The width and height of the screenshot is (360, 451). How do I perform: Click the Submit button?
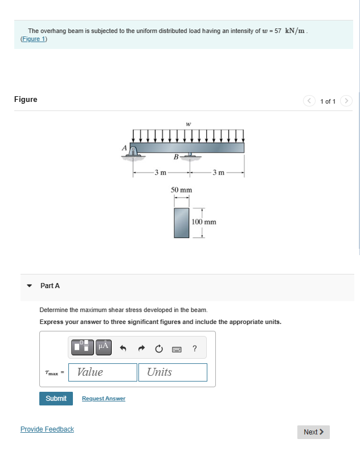pos(56,399)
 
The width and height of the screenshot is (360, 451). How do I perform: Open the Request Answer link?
pos(104,399)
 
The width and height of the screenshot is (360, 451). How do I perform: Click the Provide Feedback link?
pos(47,429)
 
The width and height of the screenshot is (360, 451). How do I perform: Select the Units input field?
pos(172,372)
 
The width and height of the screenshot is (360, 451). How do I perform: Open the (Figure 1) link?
pos(34,39)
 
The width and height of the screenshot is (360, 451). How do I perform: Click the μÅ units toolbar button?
pos(103,347)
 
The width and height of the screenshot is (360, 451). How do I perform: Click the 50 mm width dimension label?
pos(181,190)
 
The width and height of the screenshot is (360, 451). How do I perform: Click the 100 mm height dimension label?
pos(204,222)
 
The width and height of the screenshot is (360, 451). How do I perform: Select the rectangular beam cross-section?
pos(181,222)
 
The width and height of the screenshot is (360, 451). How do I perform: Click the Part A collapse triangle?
pos(30,286)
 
